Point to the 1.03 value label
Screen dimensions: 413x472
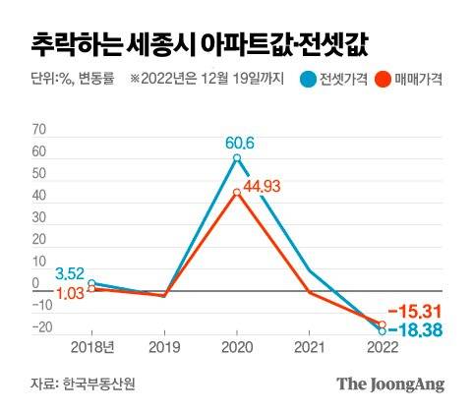(70, 293)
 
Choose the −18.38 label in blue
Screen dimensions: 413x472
(416, 331)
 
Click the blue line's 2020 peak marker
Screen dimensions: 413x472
(237, 158)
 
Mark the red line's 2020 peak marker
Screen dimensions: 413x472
(237, 194)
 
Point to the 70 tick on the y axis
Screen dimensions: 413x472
(39, 130)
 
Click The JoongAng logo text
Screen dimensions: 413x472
(391, 383)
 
